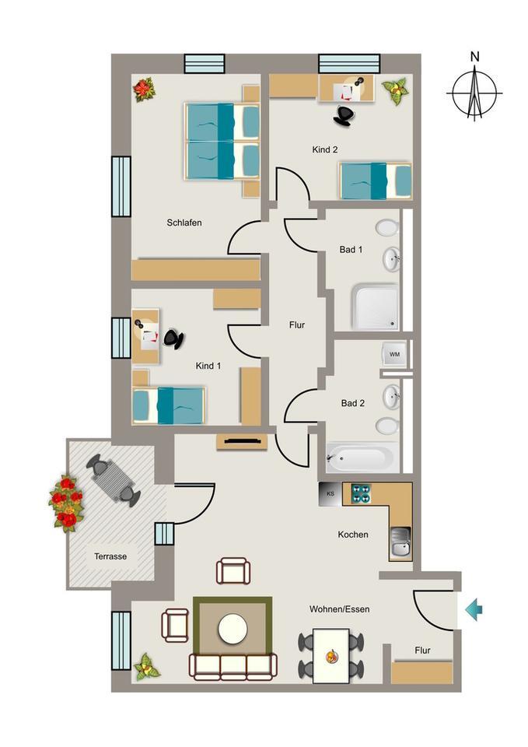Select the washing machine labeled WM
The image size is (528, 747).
[394, 355]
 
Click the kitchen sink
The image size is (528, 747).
[400, 542]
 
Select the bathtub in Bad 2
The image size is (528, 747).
[360, 457]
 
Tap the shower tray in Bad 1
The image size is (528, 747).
[375, 306]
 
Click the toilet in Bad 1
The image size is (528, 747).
[386, 228]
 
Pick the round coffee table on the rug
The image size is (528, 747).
[233, 629]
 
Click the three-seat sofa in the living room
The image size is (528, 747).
[233, 666]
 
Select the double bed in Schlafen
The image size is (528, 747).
[222, 141]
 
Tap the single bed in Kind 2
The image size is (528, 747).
[376, 181]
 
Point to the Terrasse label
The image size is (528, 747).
[110, 556]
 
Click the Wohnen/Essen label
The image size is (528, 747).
[338, 608]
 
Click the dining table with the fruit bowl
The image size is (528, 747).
[331, 654]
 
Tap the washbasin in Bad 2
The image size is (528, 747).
[391, 398]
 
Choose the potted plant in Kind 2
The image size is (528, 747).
[395, 90]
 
